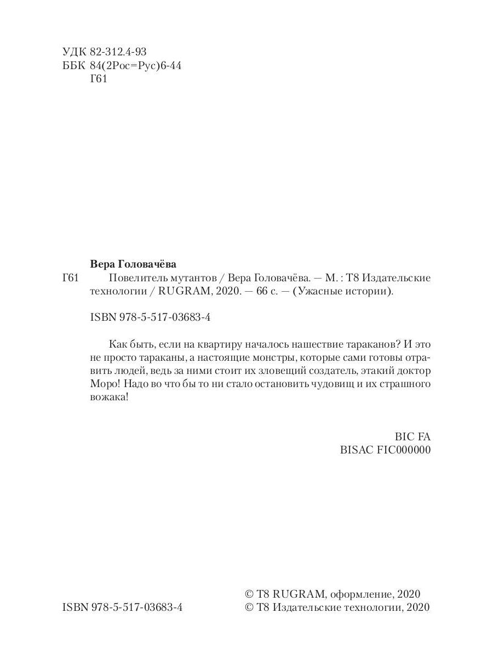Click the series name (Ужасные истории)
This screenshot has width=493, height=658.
click(x=343, y=292)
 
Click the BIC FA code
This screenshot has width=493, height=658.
click(x=413, y=437)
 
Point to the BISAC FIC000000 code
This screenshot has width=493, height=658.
click(x=386, y=450)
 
